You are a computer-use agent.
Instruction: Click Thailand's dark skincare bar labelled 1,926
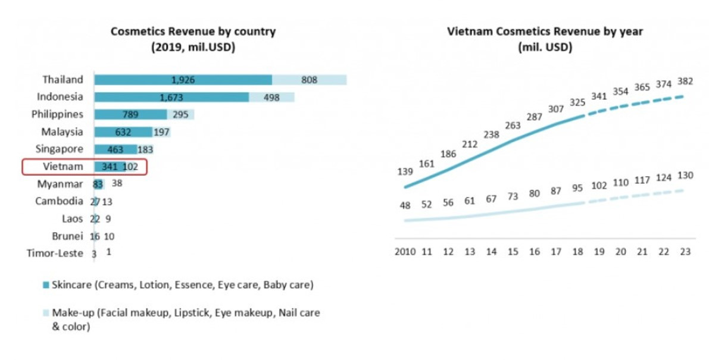(x=183, y=80)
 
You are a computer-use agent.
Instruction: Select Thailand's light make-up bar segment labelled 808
(x=309, y=80)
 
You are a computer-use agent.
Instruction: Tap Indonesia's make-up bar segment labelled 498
(x=271, y=97)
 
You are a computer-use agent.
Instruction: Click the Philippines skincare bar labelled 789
(x=130, y=114)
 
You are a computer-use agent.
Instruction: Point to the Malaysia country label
(x=62, y=132)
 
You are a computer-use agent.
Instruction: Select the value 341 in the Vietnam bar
(x=109, y=167)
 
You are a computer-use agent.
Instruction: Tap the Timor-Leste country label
(x=55, y=253)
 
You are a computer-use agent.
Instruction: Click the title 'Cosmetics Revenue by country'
(x=193, y=32)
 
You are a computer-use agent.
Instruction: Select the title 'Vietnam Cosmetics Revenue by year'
(x=545, y=32)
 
